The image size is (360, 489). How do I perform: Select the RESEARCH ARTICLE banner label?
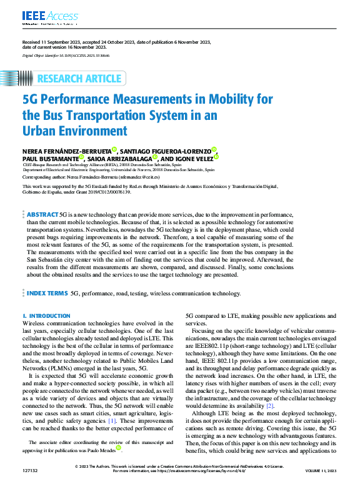(x=79, y=78)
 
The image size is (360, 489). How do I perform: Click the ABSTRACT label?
(x=42, y=214)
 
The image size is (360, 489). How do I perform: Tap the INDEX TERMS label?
(x=47, y=292)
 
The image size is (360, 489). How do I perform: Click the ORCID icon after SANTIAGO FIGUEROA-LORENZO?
(x=214, y=149)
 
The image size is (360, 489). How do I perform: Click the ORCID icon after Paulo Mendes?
(x=137, y=448)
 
